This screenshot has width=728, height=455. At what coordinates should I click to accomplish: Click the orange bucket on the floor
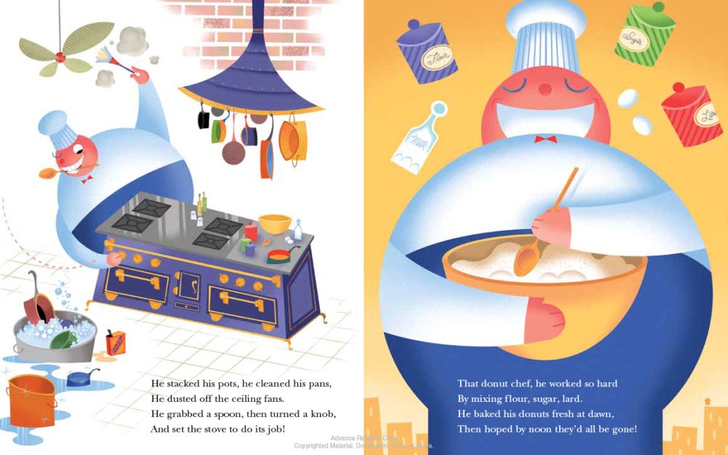[x=31, y=400]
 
